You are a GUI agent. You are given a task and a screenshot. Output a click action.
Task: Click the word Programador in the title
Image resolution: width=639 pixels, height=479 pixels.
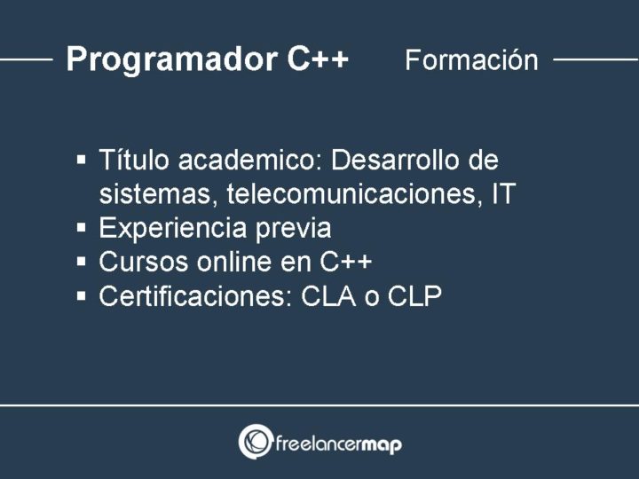(171, 60)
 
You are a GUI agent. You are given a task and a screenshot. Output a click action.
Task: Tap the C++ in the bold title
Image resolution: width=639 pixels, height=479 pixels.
(318, 59)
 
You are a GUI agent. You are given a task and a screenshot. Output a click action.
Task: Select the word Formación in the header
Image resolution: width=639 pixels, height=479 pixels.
(471, 60)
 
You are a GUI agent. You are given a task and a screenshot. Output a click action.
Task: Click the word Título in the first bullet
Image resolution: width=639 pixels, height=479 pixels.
(134, 159)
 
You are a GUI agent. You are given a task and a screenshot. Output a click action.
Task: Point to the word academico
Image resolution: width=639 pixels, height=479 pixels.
(250, 160)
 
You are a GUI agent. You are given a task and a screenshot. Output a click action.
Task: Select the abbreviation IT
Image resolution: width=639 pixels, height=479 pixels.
(504, 193)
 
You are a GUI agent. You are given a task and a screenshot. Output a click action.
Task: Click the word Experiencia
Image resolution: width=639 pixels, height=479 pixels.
(173, 229)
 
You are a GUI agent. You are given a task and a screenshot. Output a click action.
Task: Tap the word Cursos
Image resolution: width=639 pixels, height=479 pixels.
(144, 262)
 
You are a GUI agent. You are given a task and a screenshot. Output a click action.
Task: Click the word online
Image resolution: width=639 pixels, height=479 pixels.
(234, 261)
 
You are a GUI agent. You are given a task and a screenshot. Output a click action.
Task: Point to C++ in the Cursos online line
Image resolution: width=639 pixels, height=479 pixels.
(345, 262)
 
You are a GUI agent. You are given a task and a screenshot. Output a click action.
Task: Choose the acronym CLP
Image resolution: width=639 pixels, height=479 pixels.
(414, 296)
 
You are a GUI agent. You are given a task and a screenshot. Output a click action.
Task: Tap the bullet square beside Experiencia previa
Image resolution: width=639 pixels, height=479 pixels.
(81, 227)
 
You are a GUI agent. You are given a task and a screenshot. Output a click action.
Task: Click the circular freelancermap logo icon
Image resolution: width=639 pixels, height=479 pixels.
(256, 442)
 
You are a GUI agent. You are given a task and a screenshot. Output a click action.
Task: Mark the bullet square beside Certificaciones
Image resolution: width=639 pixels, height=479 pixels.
(81, 295)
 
